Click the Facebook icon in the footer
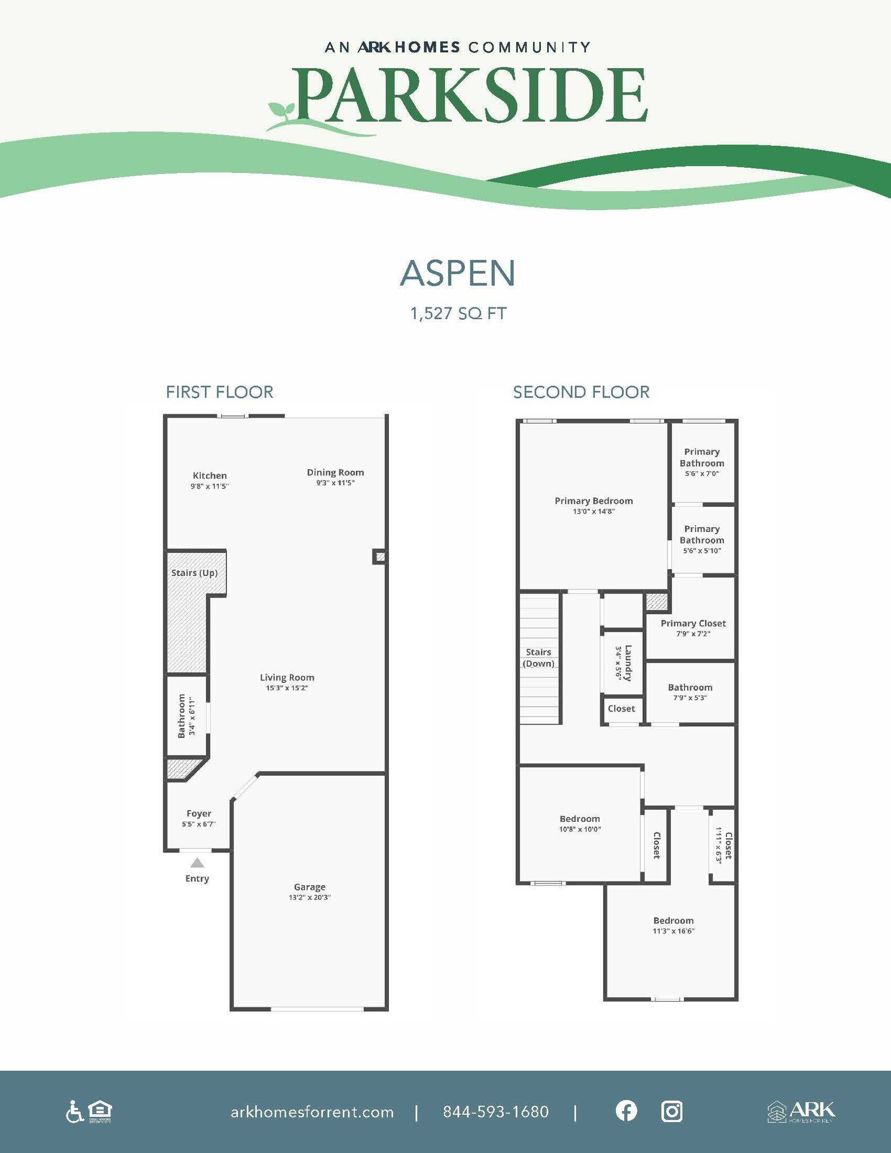click(x=626, y=1111)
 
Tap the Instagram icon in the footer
click(x=671, y=1111)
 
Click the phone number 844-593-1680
click(x=495, y=1112)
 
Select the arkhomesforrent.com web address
click(x=312, y=1112)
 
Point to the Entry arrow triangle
click(x=197, y=862)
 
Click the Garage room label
click(x=310, y=887)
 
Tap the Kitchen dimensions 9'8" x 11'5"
click(x=209, y=486)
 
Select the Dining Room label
click(x=335, y=472)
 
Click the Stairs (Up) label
click(x=194, y=573)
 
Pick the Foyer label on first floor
click(x=199, y=814)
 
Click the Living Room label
click(x=287, y=677)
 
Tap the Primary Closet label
click(x=693, y=623)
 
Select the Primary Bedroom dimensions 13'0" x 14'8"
click(x=594, y=511)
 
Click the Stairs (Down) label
click(x=539, y=658)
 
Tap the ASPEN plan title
click(x=458, y=273)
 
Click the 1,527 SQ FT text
click(x=458, y=314)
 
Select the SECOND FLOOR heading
click(x=581, y=392)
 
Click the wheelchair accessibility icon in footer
click(x=74, y=1112)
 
